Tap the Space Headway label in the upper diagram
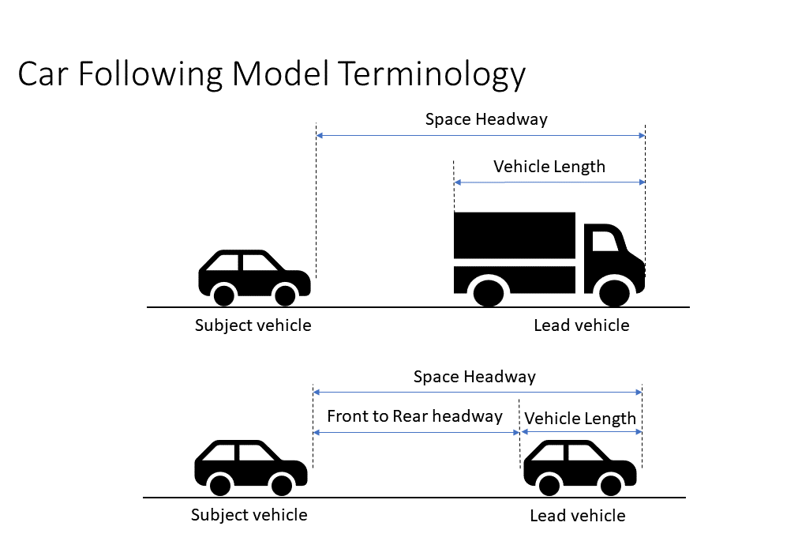pyautogui.click(x=486, y=119)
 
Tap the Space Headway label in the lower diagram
pyautogui.click(x=474, y=377)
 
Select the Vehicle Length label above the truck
pyautogui.click(x=549, y=167)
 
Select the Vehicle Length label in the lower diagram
pyautogui.click(x=580, y=419)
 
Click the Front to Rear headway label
pyautogui.click(x=414, y=416)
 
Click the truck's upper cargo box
pyautogui.click(x=514, y=235)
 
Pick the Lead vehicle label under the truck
pyautogui.click(x=582, y=325)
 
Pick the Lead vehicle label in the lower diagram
pyautogui.click(x=578, y=516)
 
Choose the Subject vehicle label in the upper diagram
pyautogui.click(x=253, y=325)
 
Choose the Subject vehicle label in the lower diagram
pyautogui.click(x=249, y=515)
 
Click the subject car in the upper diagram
pyautogui.click(x=253, y=277)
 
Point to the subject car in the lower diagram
pyautogui.click(x=250, y=467)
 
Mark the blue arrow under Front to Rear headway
pyautogui.click(x=416, y=433)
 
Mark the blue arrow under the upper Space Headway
pyautogui.click(x=480, y=136)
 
